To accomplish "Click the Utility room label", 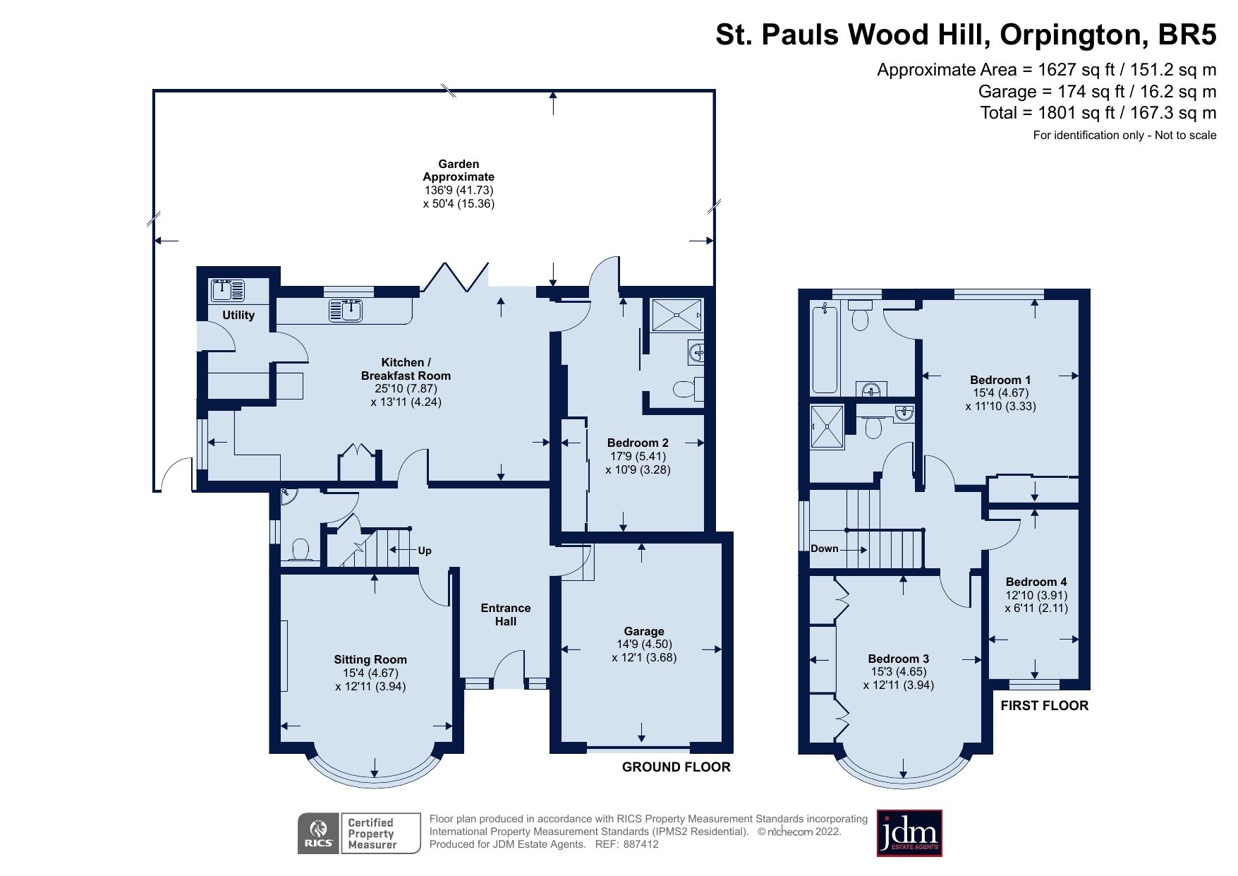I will pos(238,316).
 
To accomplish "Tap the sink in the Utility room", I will pos(227,290).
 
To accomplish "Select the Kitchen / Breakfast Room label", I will pos(406,369).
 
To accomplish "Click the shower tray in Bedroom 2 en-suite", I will pos(676,315).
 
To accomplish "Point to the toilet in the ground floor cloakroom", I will pos(301,549).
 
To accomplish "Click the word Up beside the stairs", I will pos(424,551).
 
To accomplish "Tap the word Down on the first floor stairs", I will pos(824,548).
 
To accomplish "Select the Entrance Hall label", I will pos(505,615).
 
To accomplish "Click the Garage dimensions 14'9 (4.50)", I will pos(644,644).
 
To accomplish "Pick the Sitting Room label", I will pos(370,659).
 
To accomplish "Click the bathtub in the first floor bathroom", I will pos(825,349).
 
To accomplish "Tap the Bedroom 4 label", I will pos(1036,582).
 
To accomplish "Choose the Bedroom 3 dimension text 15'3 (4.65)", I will pos(898,672).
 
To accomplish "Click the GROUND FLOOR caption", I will pos(676,767).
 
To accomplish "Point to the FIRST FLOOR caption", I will pos(1044,706).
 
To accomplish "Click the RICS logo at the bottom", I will pos(319,834).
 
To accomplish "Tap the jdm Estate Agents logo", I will pos(909,834).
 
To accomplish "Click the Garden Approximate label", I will pos(459,170).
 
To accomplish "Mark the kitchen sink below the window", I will pos(346,310).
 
